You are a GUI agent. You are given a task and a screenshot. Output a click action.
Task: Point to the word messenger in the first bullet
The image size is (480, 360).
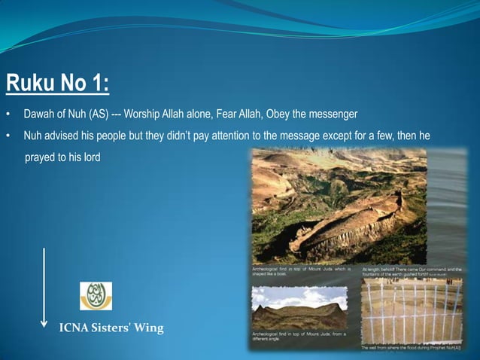tap(330, 114)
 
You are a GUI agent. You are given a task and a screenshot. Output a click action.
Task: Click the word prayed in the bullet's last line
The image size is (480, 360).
tap(39, 157)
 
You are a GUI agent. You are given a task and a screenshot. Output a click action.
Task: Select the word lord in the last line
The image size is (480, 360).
tap(91, 157)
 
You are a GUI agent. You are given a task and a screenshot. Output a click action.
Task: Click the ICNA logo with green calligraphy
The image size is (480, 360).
tap(96, 296)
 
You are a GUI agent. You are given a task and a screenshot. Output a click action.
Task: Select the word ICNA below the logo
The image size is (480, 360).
tap(74, 328)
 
